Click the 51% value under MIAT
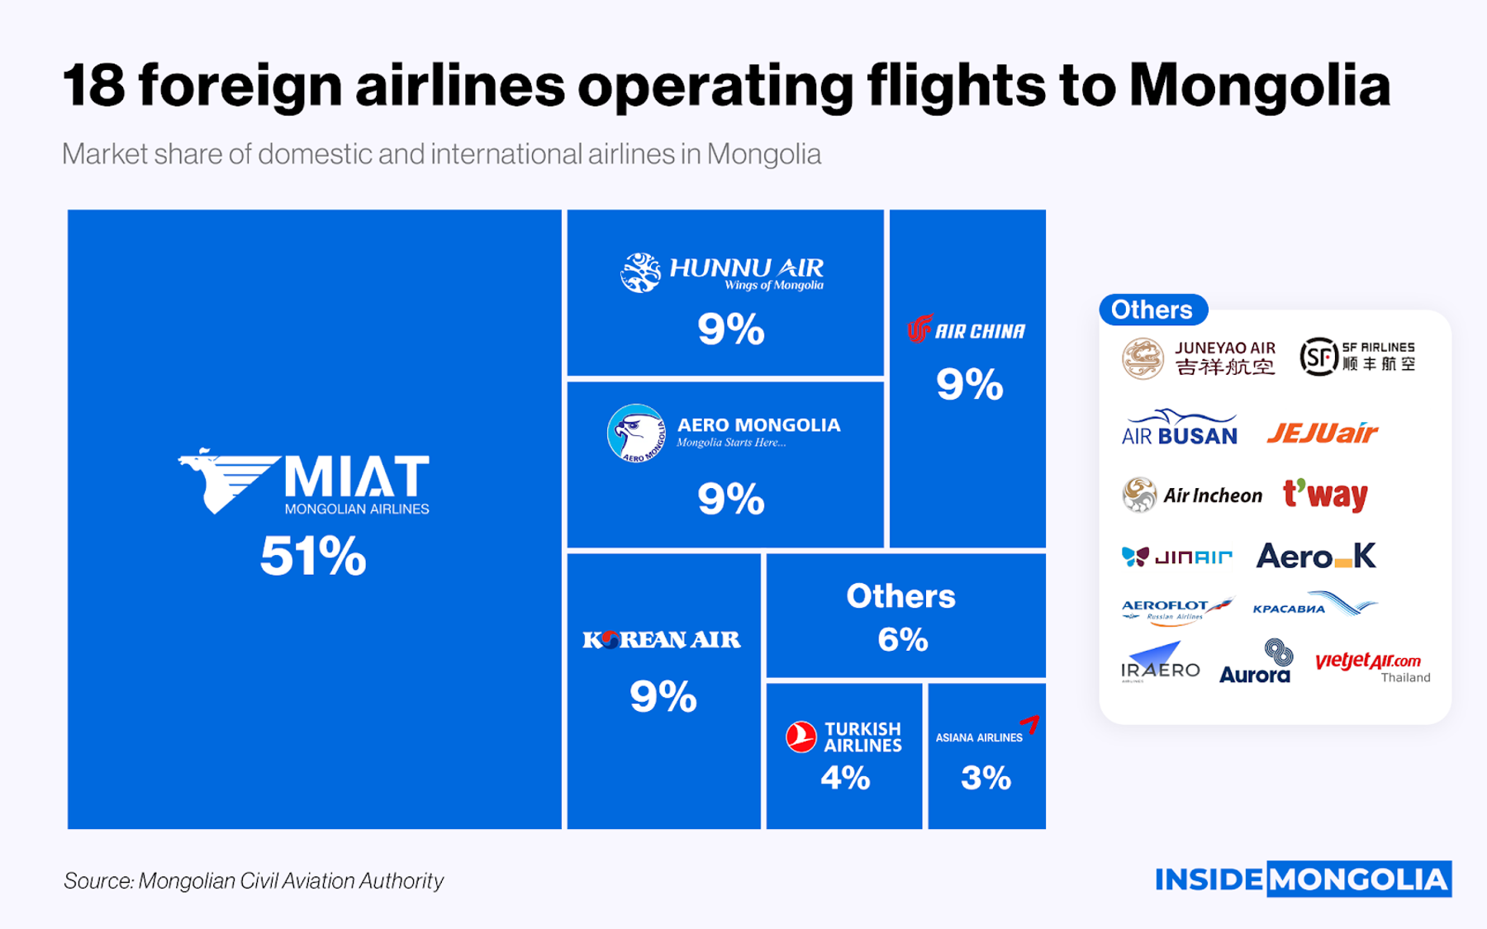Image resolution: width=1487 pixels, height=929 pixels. point(313,556)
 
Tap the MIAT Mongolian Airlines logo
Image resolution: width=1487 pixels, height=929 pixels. point(304,482)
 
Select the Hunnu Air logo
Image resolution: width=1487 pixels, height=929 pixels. point(722,273)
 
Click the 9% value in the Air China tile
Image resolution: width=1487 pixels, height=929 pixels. point(969,385)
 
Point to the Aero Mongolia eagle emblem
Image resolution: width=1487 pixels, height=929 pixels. point(636,433)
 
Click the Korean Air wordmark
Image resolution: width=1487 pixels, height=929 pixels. point(661,639)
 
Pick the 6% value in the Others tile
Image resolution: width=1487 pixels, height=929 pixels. point(903,640)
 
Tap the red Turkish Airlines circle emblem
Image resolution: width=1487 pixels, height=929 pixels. point(801,737)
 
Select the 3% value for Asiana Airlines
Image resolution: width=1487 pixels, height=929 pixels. point(986,778)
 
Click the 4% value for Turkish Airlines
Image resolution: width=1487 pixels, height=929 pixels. point(845,778)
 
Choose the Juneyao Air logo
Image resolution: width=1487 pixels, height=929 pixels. point(1199,358)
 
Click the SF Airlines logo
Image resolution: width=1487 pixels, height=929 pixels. point(1357,357)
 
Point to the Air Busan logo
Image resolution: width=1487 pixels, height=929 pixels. point(1179,428)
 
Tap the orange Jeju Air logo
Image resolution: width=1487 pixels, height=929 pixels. point(1322,433)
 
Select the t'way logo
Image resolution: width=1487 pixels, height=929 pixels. point(1325,495)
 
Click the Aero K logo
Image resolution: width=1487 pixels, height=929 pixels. point(1316,557)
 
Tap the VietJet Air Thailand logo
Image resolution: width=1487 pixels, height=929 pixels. point(1371,666)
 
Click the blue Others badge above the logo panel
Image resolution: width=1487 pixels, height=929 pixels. point(1152,310)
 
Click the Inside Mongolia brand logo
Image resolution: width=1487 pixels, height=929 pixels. point(1303,879)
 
